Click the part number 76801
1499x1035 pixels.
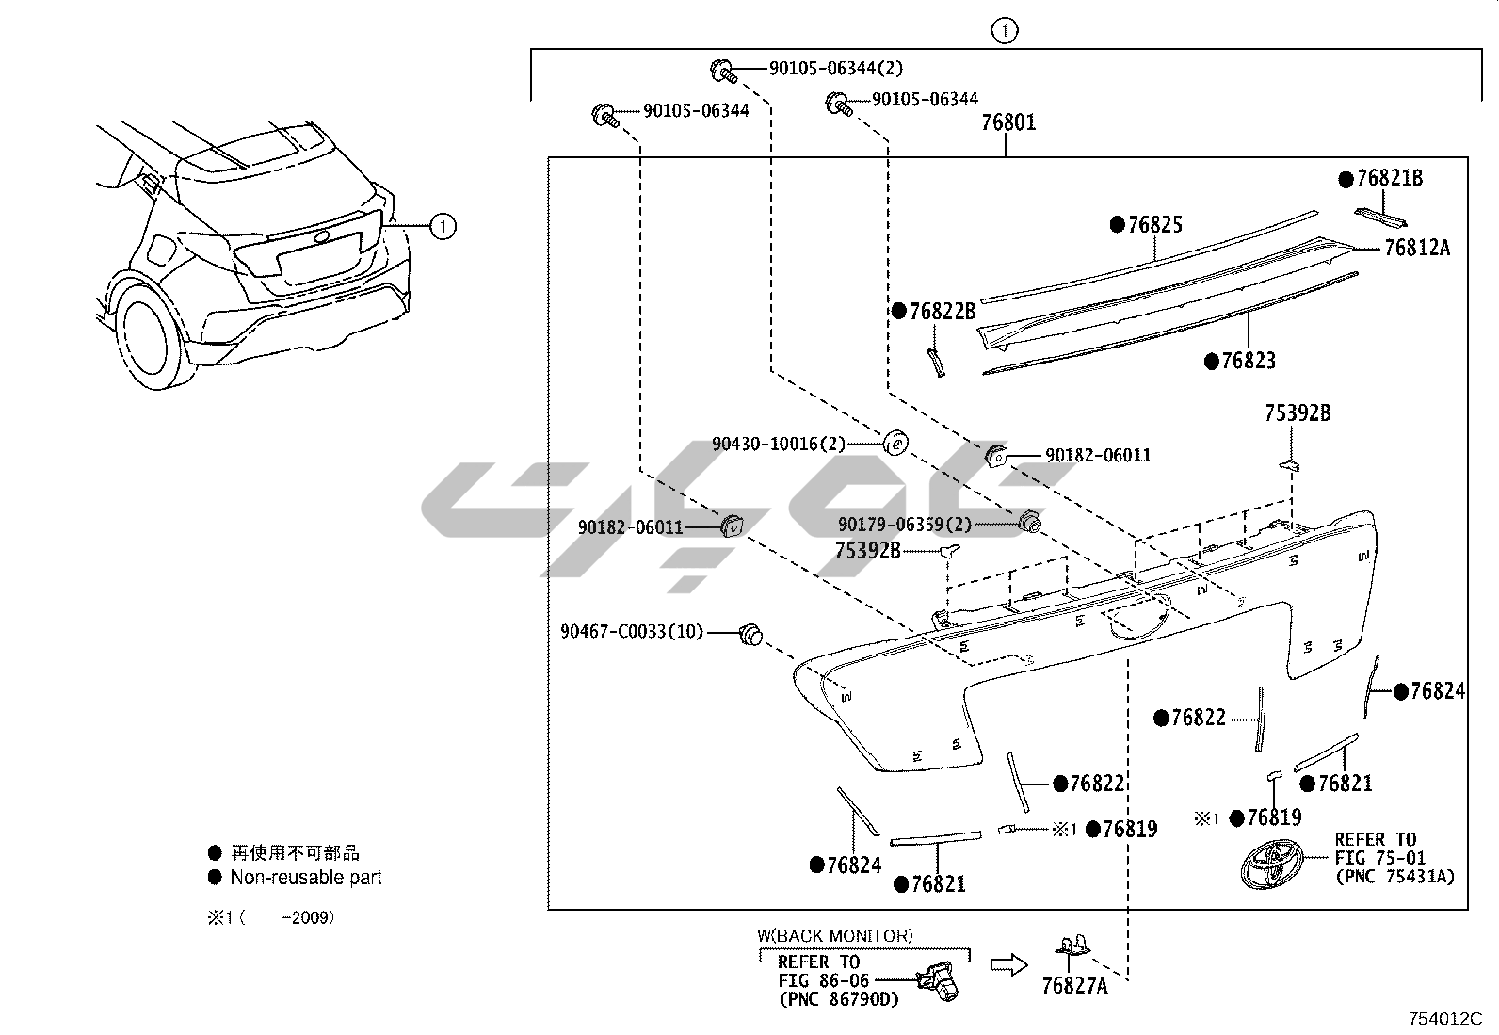coord(1008,122)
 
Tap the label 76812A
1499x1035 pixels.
coord(1417,249)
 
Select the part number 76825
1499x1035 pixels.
coord(1155,225)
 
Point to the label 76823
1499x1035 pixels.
coord(1248,362)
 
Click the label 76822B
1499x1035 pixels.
coord(943,312)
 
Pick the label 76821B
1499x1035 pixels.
coord(1389,179)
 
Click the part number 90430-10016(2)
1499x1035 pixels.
coord(779,444)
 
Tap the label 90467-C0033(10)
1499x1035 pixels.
coord(632,631)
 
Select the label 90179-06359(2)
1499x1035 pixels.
coord(905,525)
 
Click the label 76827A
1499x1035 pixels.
coord(1074,985)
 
